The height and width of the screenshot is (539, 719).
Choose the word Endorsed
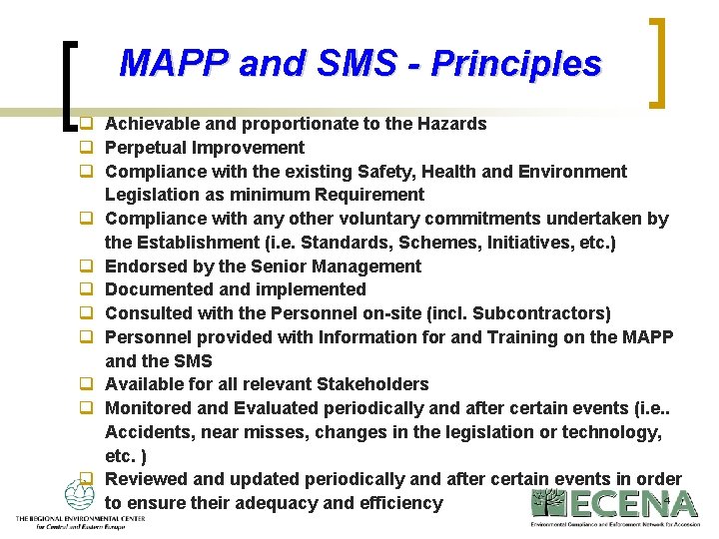[x=143, y=267]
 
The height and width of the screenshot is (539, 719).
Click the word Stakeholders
[x=371, y=384]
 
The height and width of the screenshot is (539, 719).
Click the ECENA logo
[x=614, y=507]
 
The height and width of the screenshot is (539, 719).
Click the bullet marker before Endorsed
[x=87, y=267]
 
